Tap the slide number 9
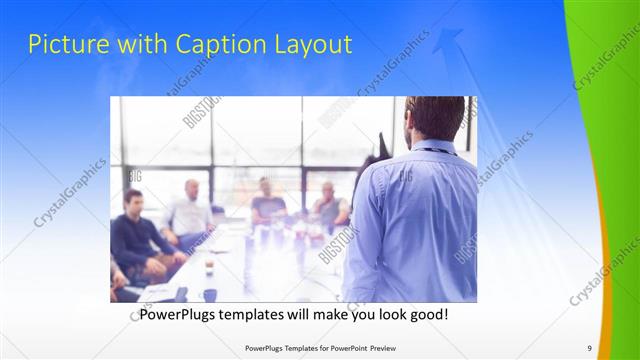pyautogui.click(x=589, y=348)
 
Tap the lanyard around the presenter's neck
pyautogui.click(x=432, y=151)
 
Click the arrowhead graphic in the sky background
pyautogui.click(x=448, y=40)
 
